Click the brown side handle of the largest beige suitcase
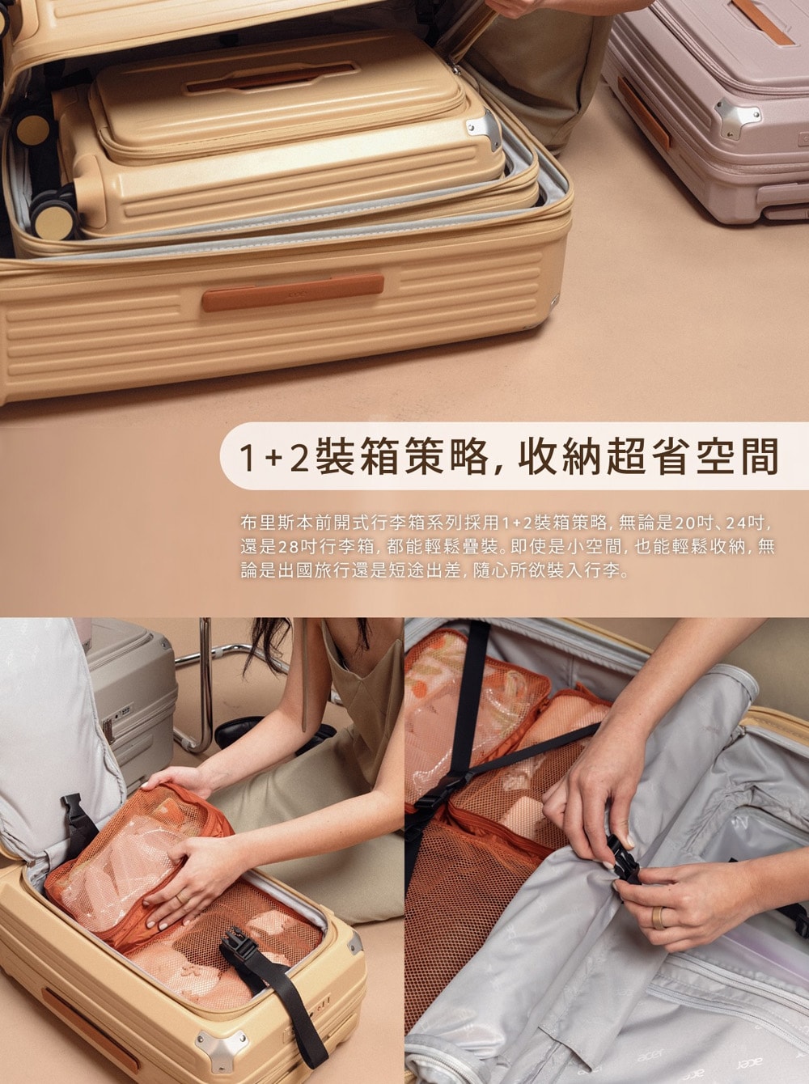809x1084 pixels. (x=292, y=292)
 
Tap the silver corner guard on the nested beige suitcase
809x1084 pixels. (x=485, y=129)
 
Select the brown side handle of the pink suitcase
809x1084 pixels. (x=644, y=113)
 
